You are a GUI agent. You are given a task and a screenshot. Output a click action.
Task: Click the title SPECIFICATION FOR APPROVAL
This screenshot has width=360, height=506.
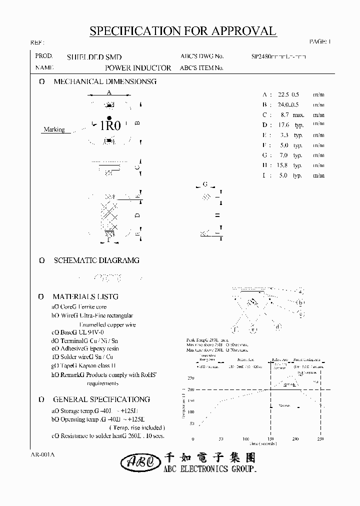point(182,31)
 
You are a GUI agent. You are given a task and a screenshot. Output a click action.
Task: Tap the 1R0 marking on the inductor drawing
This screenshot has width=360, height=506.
point(110,125)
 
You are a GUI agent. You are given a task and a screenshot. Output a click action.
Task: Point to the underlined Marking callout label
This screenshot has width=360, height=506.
point(54,129)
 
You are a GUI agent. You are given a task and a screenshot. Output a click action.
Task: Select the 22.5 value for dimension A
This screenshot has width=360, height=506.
point(283,94)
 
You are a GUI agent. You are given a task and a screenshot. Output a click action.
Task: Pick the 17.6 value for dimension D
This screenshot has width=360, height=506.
point(283,125)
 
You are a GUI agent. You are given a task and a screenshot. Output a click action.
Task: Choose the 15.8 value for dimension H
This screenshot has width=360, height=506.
point(283,165)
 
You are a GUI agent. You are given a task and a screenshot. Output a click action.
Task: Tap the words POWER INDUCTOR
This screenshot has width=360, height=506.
point(138,68)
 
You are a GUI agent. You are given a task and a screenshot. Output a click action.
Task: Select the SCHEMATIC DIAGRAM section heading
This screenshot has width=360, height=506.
point(96,260)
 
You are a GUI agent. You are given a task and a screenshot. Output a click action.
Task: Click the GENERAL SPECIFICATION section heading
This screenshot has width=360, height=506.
point(101,399)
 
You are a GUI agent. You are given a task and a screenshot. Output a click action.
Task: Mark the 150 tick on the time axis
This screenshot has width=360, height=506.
point(270,438)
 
